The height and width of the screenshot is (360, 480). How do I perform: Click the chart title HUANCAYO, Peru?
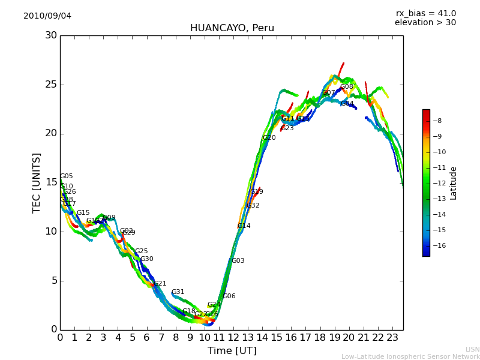coord(232,28)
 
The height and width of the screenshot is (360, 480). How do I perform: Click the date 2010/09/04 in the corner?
coord(47,16)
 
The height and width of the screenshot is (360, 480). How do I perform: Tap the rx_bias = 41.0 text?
coord(425,13)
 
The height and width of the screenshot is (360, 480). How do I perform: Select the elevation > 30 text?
coord(425,23)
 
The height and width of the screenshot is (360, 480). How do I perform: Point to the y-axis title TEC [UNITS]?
coord(37,182)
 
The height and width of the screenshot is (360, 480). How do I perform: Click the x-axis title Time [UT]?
coord(232,351)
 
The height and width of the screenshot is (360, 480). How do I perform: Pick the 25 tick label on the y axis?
coord(51,85)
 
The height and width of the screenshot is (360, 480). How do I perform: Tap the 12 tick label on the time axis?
coord(233,338)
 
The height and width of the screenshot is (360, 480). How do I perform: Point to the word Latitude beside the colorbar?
coord(454,183)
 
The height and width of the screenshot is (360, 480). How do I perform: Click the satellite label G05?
coord(66,176)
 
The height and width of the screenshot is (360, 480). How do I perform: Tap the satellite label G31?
coord(178,292)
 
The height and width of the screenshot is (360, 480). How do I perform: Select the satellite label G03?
coord(238,261)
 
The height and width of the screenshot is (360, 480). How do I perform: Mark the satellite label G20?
coord(269,138)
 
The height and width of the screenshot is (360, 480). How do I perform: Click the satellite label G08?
coord(347,87)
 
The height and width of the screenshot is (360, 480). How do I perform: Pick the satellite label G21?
coord(160,284)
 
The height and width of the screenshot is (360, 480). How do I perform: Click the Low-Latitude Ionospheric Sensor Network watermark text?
coord(410,356)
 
